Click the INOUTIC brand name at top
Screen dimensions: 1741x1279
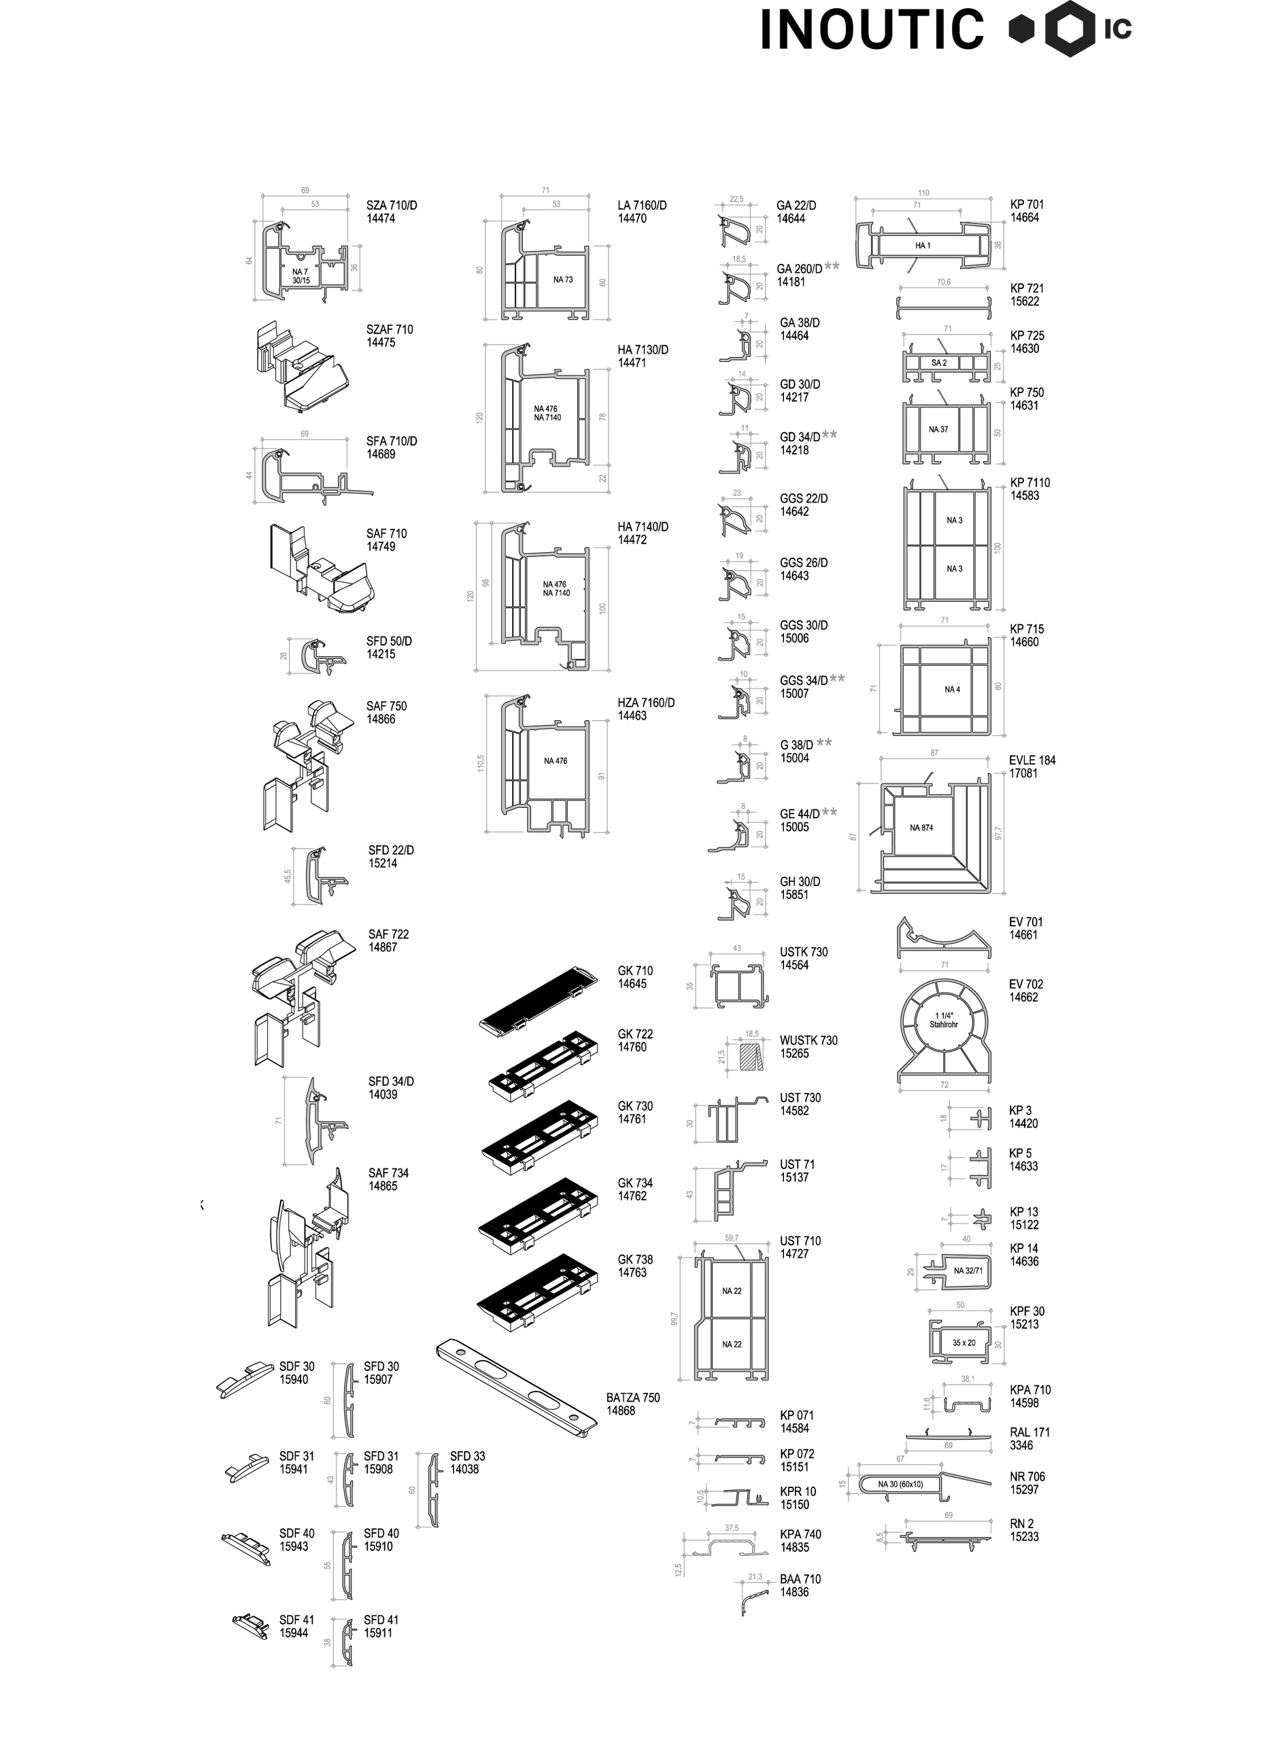click(872, 30)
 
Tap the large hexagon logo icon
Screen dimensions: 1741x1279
click(1070, 29)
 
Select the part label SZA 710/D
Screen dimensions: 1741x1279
click(391, 205)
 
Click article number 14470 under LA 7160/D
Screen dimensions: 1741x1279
click(632, 218)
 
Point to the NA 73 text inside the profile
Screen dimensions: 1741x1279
click(563, 280)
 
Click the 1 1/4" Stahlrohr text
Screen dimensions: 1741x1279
click(944, 1019)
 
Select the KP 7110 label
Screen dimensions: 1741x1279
click(1029, 482)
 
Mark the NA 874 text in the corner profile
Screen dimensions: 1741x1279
click(921, 828)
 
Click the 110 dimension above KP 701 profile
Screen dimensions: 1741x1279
click(923, 192)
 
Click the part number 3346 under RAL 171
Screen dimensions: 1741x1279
click(1021, 1445)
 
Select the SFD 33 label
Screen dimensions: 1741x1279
click(467, 1456)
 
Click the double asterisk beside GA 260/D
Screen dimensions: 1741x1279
click(832, 267)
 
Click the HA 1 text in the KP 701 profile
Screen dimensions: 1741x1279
click(922, 246)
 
